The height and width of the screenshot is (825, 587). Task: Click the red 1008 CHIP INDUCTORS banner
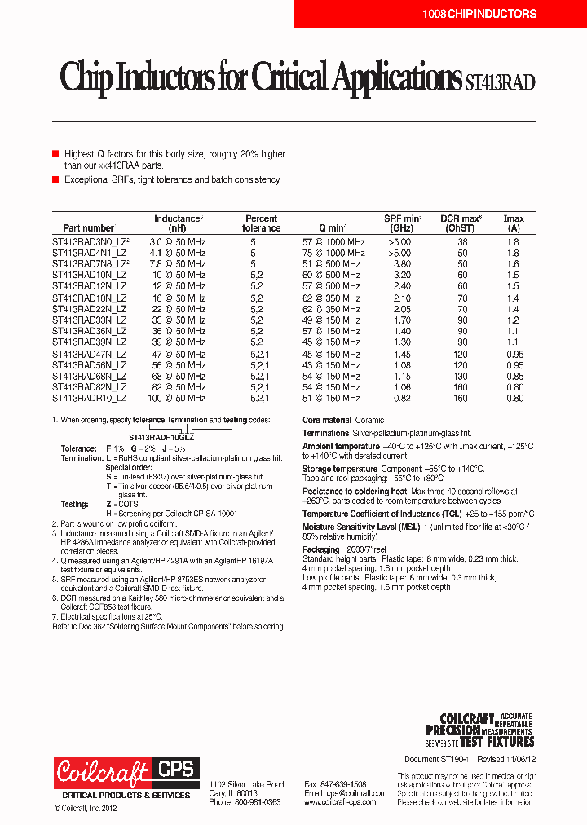point(479,14)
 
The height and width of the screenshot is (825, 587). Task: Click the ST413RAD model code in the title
point(499,82)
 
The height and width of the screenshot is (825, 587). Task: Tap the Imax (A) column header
point(513,223)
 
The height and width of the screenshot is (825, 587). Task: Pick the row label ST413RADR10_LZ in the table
point(89,398)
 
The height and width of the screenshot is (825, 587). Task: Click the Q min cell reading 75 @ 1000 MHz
point(333,254)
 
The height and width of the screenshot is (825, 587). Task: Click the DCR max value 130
point(461,376)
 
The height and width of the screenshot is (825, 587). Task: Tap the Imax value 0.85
point(514,376)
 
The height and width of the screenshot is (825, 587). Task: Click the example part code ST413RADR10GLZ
point(161,437)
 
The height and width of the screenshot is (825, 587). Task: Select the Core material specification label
point(328,421)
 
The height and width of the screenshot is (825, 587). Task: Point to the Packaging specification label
point(321,549)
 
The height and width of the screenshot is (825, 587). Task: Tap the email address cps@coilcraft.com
point(345,792)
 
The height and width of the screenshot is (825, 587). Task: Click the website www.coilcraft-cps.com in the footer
point(340,802)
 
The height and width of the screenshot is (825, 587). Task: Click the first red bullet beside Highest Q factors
point(55,153)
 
